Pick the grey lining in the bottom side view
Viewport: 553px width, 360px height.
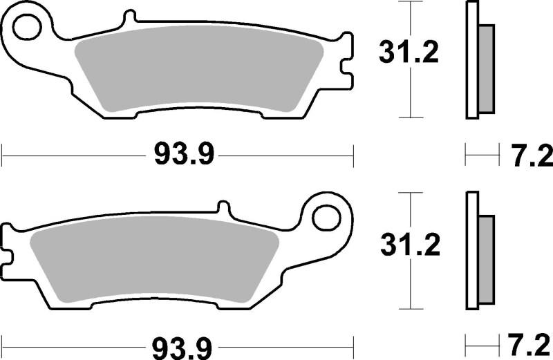[x=487, y=258]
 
